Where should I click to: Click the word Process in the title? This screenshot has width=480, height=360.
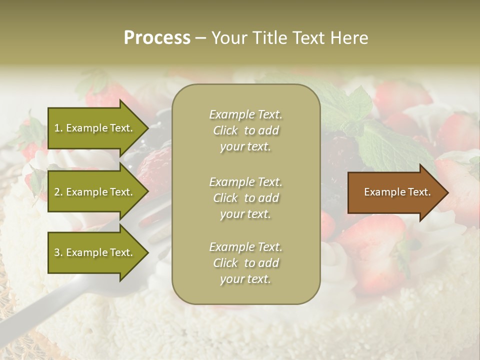tap(157, 38)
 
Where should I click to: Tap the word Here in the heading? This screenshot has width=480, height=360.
tap(347, 38)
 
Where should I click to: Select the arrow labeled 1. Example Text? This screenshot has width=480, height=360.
tap(95, 128)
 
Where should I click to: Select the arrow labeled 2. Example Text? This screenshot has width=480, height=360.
tap(95, 192)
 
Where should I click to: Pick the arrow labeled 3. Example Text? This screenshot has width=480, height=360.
tap(95, 253)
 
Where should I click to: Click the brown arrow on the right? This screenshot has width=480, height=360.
tap(395, 192)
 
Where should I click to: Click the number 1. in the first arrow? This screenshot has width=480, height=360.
tap(58, 128)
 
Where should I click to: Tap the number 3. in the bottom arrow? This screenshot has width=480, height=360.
tap(58, 253)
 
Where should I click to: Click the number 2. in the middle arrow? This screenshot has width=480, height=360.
tap(58, 192)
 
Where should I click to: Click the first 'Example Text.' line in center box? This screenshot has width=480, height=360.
tap(245, 114)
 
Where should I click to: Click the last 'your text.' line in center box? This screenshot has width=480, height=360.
tap(245, 279)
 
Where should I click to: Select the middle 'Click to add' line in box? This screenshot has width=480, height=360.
tap(245, 198)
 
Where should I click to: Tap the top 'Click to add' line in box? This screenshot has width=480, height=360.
tap(245, 131)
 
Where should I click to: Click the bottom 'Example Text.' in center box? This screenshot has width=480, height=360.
tap(245, 247)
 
